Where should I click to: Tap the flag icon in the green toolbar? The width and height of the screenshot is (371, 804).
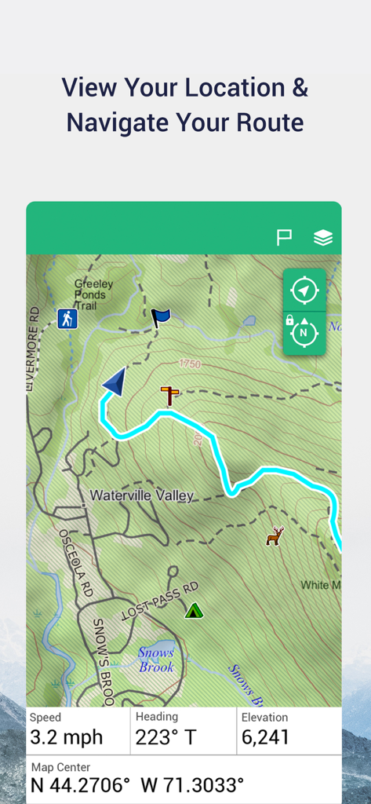point(284,237)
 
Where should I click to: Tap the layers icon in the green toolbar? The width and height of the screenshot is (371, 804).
point(323,237)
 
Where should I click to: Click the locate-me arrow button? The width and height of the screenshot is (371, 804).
point(304,291)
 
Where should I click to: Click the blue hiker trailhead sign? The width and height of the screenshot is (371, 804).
point(67,319)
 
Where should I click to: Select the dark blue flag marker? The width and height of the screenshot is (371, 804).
point(160,317)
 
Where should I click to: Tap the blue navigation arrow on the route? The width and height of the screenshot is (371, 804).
point(115,382)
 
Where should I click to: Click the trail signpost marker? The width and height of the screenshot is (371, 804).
point(169,394)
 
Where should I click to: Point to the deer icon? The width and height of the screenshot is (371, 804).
point(275,536)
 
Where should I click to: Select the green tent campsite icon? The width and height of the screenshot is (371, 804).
point(194,609)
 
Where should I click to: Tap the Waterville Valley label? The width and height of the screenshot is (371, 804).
point(141,495)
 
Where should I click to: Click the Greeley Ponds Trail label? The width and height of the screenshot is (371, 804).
point(94,294)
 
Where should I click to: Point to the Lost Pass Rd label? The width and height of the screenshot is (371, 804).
point(160,602)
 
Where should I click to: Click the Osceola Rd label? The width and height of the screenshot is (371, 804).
point(76,562)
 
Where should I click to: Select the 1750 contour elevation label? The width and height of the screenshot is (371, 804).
point(190,364)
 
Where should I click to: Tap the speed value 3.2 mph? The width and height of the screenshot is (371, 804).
point(66,737)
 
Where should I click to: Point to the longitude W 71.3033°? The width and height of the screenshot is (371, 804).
point(192,785)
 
